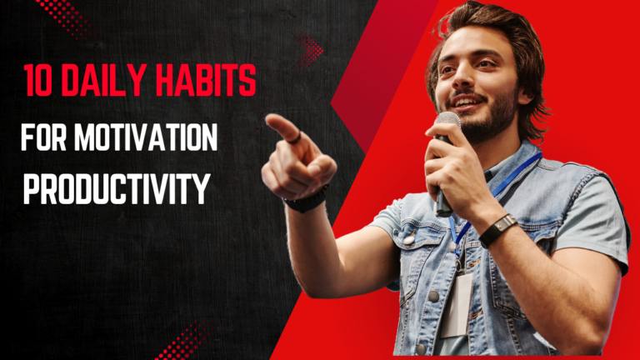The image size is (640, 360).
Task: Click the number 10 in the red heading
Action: coord(38,80)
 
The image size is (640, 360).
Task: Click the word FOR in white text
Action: coord(43,137)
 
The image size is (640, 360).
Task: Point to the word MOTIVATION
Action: coord(146,137)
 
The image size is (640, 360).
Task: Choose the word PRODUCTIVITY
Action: coord(117,188)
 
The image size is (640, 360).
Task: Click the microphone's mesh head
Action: coord(447,122)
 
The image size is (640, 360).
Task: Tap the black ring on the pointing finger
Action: coord(295,138)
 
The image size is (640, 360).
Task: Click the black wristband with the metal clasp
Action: coord(497,230)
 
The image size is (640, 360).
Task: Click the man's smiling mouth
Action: coord(466,101)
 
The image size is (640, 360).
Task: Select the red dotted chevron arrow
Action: coord(309,51)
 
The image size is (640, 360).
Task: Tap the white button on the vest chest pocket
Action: coord(408,239)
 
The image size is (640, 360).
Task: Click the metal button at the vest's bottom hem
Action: coord(420,349)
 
